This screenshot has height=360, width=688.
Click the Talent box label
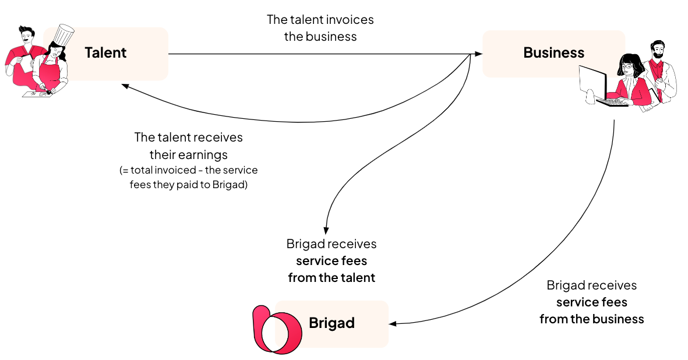tap(105, 53)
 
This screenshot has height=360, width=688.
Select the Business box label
tap(553, 53)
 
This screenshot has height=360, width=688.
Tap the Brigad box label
tap(331, 323)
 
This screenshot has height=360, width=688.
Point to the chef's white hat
tap(63, 35)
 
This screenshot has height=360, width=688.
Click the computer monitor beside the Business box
tap(593, 81)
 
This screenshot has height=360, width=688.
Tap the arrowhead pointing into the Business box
tap(479, 54)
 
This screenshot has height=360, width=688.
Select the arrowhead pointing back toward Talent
tap(125, 86)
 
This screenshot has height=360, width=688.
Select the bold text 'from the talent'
tap(331, 278)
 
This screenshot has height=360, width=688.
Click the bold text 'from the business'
tap(591, 319)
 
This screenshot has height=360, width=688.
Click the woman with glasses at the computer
tap(630, 79)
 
